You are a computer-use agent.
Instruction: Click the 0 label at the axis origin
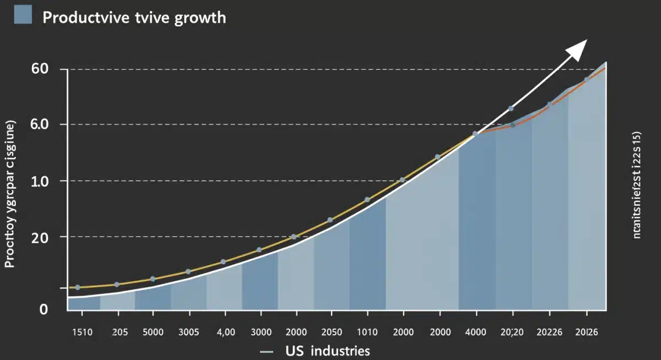click(x=44, y=309)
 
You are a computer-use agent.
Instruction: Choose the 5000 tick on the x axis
click(x=153, y=332)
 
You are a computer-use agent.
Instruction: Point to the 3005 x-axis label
click(x=189, y=332)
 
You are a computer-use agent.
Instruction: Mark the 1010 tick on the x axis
click(x=367, y=332)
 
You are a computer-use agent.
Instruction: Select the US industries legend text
click(x=327, y=351)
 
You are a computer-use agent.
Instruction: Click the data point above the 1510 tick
click(x=78, y=287)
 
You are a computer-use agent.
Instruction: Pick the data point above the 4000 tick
click(x=475, y=133)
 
